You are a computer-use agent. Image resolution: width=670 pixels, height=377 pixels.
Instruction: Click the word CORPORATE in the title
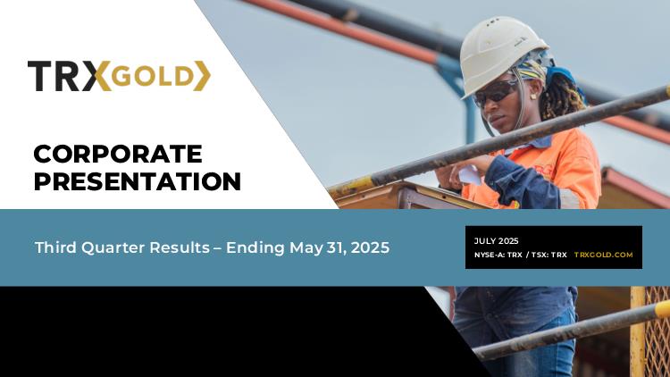[118, 154]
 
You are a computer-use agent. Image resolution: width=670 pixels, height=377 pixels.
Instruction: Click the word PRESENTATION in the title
[138, 181]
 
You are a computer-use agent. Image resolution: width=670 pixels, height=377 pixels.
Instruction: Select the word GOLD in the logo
[153, 77]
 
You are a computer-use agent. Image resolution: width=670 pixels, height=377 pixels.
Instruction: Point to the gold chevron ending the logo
[203, 76]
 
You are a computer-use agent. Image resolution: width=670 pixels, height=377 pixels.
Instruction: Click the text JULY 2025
[496, 241]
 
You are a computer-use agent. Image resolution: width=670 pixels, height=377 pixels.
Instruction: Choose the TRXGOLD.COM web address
[603, 255]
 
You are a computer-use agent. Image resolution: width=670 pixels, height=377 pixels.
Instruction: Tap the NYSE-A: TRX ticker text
[498, 255]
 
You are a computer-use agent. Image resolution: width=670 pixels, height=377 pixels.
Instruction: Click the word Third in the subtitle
[55, 247]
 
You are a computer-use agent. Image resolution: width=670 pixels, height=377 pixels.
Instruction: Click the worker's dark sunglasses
[496, 93]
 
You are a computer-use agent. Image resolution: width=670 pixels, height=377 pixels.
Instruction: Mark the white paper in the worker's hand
[469, 175]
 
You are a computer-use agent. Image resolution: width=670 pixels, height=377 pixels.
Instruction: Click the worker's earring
[534, 96]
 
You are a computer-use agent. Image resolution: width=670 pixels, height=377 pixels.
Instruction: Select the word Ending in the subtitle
[255, 248]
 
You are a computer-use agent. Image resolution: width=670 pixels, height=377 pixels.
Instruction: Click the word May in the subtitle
[306, 248]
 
